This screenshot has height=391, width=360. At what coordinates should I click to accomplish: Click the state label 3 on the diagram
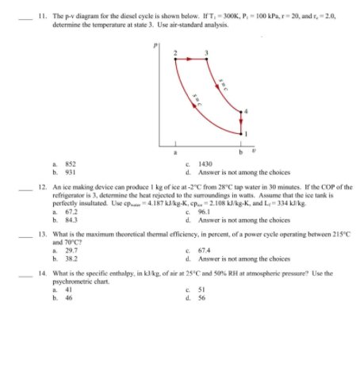tap(206, 52)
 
